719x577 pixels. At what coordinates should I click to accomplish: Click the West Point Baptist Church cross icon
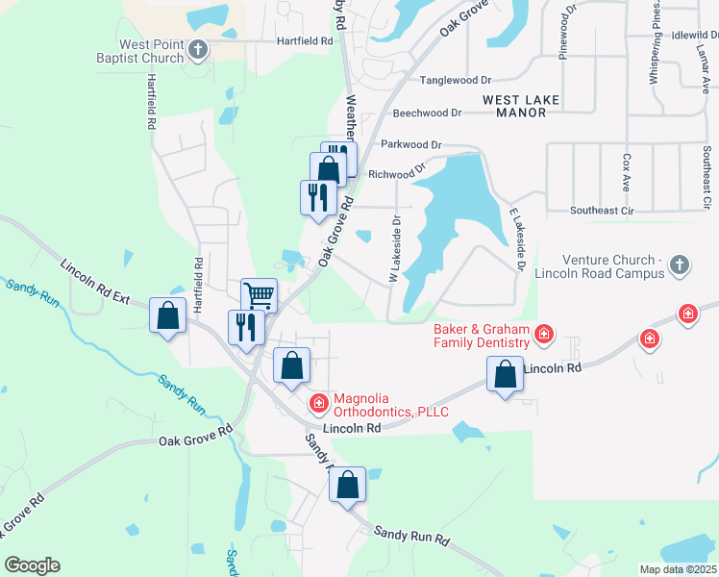point(198,50)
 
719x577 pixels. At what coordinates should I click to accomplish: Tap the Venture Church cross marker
point(679,263)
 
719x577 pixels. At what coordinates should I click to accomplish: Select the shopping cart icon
point(259,294)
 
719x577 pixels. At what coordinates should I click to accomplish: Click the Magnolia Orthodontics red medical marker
point(317,401)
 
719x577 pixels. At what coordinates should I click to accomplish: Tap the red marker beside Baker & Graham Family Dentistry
point(544,335)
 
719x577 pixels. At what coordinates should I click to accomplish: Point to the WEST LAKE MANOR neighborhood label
point(514,106)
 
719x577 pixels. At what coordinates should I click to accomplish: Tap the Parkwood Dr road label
point(410,144)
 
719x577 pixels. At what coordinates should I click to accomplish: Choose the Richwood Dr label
point(397,174)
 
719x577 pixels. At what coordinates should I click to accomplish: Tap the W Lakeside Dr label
point(393,248)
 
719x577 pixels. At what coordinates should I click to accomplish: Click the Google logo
point(32,565)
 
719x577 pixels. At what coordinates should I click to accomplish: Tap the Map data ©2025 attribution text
point(677,569)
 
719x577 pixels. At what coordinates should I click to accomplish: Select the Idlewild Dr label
point(696,35)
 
